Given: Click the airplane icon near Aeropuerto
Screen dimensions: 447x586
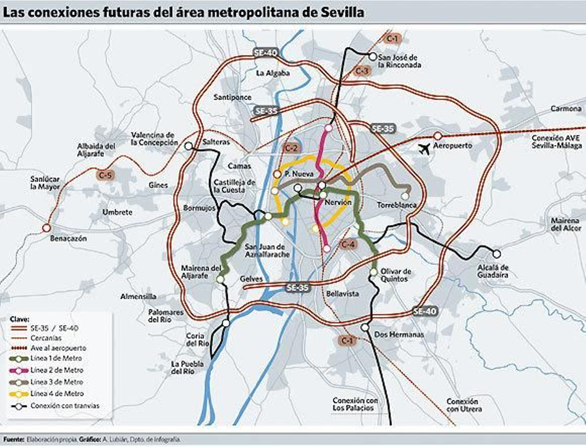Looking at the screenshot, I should pyautogui.click(x=424, y=149).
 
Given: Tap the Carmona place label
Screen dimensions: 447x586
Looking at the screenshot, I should pyautogui.click(x=566, y=109).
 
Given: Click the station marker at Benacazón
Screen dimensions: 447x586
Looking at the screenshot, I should pyautogui.click(x=47, y=228).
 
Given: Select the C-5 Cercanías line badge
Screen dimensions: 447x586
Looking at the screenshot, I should pyautogui.click(x=105, y=175).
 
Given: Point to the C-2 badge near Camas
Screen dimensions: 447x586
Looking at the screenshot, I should pyautogui.click(x=291, y=148).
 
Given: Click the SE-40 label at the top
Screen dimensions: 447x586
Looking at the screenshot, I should pyautogui.click(x=266, y=53).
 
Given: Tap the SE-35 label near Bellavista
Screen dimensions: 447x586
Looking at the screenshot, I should pyautogui.click(x=297, y=288).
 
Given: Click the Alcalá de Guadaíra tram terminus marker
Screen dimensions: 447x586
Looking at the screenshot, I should pyautogui.click(x=496, y=254).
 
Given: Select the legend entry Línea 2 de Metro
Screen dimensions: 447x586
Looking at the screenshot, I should pyautogui.click(x=57, y=370).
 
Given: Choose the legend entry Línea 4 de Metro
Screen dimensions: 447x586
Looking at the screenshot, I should pyautogui.click(x=57, y=393).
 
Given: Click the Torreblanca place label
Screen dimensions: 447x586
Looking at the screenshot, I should pyautogui.click(x=397, y=205).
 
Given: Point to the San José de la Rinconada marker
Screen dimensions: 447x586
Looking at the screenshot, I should pyautogui.click(x=372, y=57).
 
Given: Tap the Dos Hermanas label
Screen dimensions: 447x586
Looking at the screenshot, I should pyautogui.click(x=399, y=334).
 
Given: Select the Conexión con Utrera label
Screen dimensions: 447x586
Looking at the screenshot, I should pyautogui.click(x=464, y=405).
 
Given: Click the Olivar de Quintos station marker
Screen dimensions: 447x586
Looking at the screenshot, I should pyautogui.click(x=373, y=272).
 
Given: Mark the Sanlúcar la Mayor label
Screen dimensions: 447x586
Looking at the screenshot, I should pyautogui.click(x=45, y=183).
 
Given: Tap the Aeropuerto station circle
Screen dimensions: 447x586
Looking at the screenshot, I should pyautogui.click(x=438, y=136).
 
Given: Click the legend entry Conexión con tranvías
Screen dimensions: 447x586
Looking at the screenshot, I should pyautogui.click(x=65, y=406).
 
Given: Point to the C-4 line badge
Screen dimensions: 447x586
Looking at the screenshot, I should pyautogui.click(x=348, y=244).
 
